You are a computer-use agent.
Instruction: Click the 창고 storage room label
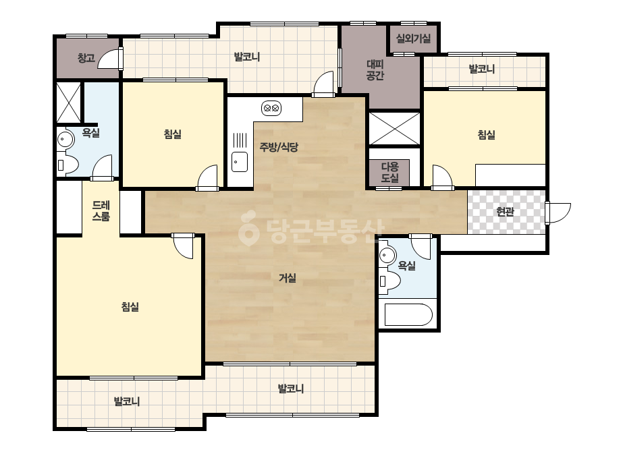[86, 58]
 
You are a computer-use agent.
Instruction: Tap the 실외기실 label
[413, 38]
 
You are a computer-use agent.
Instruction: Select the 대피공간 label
[375, 69]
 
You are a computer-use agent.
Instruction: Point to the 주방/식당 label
[279, 147]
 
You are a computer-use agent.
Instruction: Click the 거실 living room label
[288, 278]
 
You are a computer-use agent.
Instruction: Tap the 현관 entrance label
[505, 212]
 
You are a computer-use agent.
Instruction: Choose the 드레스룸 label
[101, 211]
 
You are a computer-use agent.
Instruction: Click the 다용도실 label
[389, 173]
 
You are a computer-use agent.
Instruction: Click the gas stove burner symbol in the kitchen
[272, 108]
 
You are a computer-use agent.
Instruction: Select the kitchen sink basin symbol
[240, 162]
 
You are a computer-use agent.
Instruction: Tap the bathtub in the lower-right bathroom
[408, 315]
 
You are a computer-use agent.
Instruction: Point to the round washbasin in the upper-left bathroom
[65, 140]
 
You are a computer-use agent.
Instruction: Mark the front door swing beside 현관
[558, 212]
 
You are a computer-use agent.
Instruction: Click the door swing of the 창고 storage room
[110, 58]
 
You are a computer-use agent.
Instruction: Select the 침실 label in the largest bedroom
[130, 307]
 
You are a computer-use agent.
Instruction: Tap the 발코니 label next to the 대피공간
[481, 69]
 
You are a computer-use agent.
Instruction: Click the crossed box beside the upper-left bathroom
[69, 103]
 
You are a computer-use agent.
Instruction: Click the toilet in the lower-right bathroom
[389, 281]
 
